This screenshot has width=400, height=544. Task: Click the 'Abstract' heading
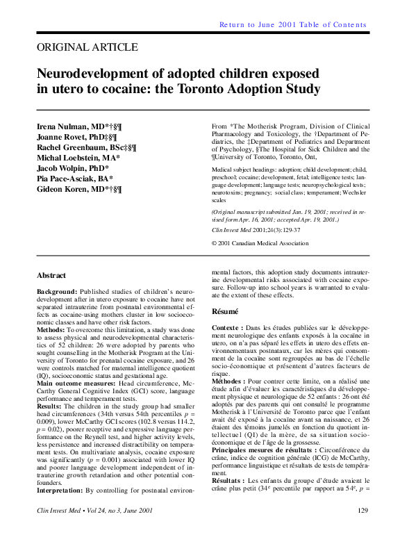click(x=51, y=275)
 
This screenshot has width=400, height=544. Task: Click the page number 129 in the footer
click(x=362, y=530)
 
